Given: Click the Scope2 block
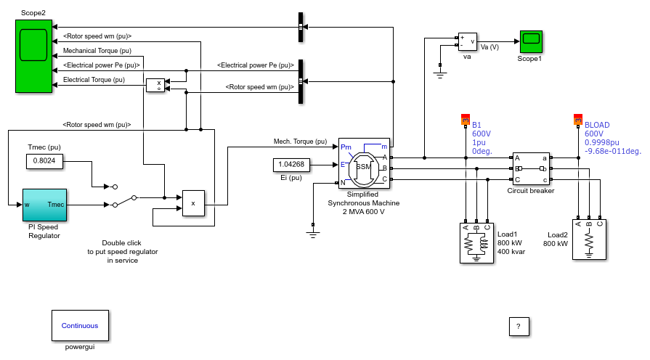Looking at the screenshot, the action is pyautogui.click(x=33, y=56).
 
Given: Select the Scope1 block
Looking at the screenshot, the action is pyautogui.click(x=531, y=41).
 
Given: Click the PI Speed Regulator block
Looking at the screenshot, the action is pyautogui.click(x=44, y=205).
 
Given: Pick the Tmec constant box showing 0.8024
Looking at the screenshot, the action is pyautogui.click(x=44, y=160).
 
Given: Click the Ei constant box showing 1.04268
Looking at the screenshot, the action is pyautogui.click(x=291, y=165).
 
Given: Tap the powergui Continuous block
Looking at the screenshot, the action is pyautogui.click(x=80, y=326).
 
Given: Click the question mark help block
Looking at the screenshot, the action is pyautogui.click(x=519, y=327).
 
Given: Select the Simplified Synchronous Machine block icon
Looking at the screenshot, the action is pyautogui.click(x=364, y=163).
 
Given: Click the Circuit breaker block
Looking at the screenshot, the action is pyautogui.click(x=531, y=168).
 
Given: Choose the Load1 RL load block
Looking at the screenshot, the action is pyautogui.click(x=476, y=242).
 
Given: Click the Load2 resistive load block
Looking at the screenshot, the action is pyautogui.click(x=589, y=240).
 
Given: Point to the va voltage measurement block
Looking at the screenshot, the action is pyautogui.click(x=467, y=42).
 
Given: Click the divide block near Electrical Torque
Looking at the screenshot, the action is pyautogui.click(x=155, y=86).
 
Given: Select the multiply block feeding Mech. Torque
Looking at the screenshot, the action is pyautogui.click(x=194, y=203).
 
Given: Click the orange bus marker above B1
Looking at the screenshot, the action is pyautogui.click(x=466, y=120).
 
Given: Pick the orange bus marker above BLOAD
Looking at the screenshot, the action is pyautogui.click(x=578, y=120).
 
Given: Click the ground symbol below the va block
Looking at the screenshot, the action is pyautogui.click(x=440, y=75).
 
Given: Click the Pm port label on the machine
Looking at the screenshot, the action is pyautogui.click(x=346, y=147).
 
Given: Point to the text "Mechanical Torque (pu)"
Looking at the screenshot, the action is pyautogui.click(x=97, y=51).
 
